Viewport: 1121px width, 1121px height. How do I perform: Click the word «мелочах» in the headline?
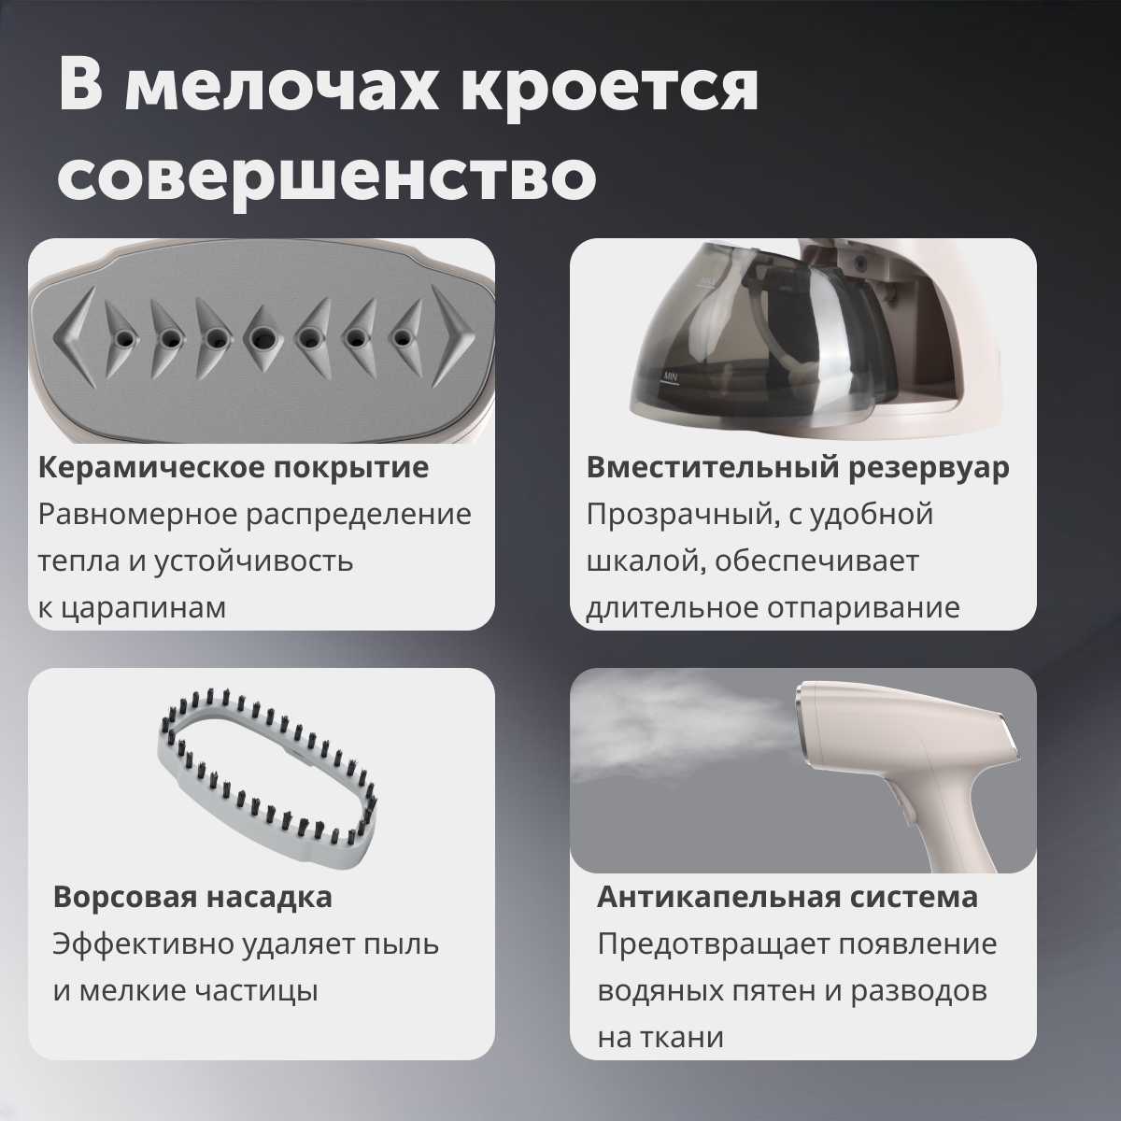click(x=282, y=87)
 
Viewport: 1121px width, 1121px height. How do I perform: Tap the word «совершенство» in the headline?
click(x=328, y=175)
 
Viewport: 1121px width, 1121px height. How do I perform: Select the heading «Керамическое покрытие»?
click(x=234, y=468)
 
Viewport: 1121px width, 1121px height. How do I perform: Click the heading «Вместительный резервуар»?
click(x=798, y=468)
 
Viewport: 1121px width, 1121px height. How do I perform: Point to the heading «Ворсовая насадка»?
click(x=192, y=897)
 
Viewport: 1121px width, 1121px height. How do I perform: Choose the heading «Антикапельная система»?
click(x=788, y=897)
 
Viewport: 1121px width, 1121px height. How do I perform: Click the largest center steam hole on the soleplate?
click(x=263, y=337)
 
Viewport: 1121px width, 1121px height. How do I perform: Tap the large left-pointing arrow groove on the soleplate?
click(x=75, y=337)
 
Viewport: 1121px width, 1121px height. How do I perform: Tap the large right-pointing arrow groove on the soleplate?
click(x=453, y=337)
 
